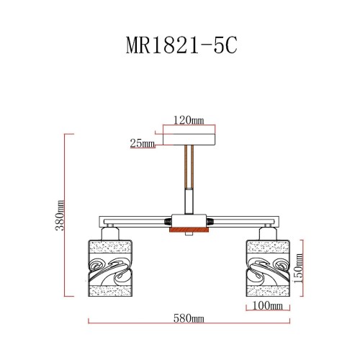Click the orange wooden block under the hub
pyautogui.click(x=188, y=230)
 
